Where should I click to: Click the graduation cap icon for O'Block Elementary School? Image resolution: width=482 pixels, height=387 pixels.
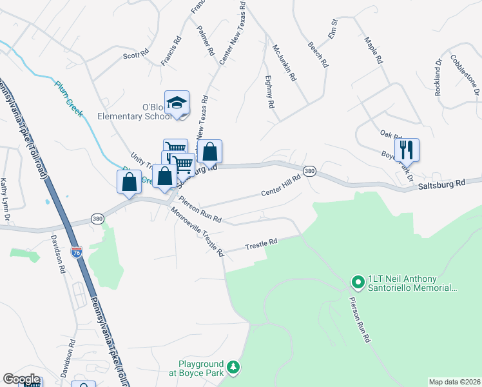coord(177,103)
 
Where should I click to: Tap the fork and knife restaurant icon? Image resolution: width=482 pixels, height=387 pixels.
coord(407,150)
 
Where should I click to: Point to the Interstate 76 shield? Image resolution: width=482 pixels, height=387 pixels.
coord(77,252)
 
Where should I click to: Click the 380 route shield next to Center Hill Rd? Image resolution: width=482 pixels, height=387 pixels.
coord(309,171)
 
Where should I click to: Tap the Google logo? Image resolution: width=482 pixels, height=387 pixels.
coord(21,379)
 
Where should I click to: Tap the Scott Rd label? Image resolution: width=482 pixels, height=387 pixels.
coord(136,55)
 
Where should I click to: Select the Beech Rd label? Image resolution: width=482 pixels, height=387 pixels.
coord(318,55)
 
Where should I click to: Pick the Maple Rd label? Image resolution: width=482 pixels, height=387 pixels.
coord(374,50)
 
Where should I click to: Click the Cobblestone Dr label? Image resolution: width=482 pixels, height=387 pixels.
coord(465,74)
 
